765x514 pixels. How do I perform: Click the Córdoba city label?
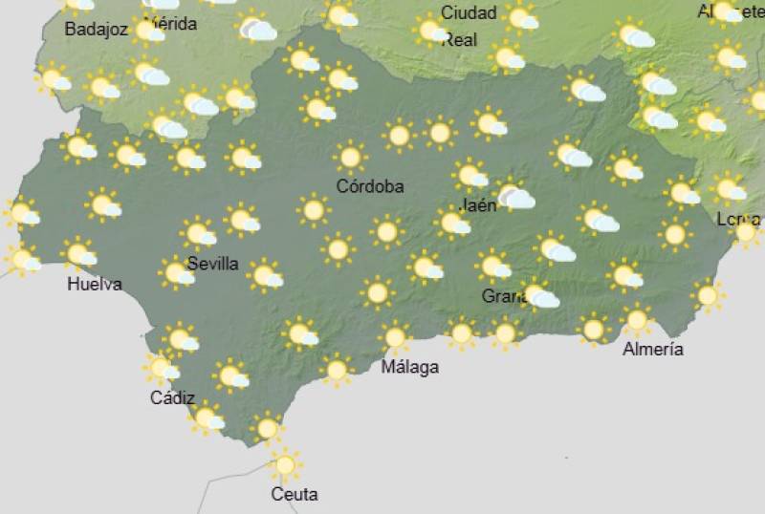click(369, 186)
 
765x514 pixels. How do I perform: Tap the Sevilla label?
click(212, 264)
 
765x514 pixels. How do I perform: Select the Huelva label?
click(94, 284)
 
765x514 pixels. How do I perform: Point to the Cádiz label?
click(172, 398)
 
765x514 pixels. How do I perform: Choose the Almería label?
click(652, 349)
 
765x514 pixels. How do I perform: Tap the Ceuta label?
click(294, 494)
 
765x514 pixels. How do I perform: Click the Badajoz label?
click(96, 29)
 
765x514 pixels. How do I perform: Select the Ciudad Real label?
click(468, 26)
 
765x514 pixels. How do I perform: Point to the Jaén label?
click(477, 205)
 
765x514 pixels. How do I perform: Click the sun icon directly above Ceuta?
click(284, 465)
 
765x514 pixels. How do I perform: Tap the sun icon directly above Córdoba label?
click(350, 157)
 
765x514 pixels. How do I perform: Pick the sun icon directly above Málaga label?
click(394, 337)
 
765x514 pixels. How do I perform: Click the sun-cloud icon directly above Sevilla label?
click(199, 232)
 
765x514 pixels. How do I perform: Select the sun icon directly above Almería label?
click(636, 320)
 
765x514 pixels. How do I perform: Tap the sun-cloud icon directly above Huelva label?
click(79, 254)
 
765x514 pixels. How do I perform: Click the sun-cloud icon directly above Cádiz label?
click(163, 368)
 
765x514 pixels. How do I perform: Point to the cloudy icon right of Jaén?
click(514, 196)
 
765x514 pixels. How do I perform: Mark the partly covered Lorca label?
click(736, 220)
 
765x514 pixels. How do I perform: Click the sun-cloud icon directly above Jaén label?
click(470, 175)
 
